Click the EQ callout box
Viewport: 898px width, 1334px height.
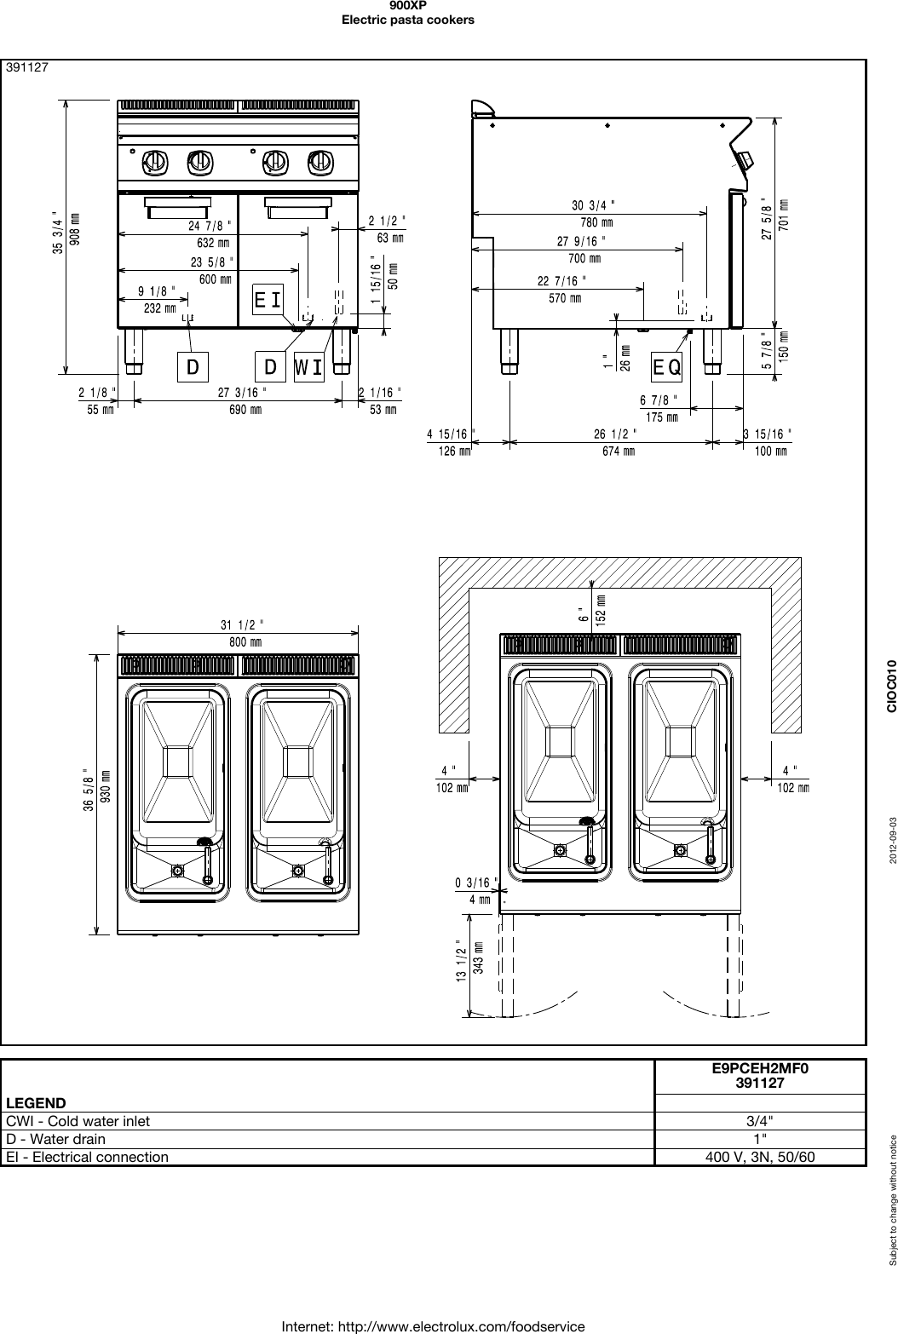667,367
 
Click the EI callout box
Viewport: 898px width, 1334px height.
268,300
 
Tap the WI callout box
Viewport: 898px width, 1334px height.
308,367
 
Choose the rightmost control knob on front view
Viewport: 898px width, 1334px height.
319,160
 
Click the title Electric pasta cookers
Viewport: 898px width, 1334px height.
407,19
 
